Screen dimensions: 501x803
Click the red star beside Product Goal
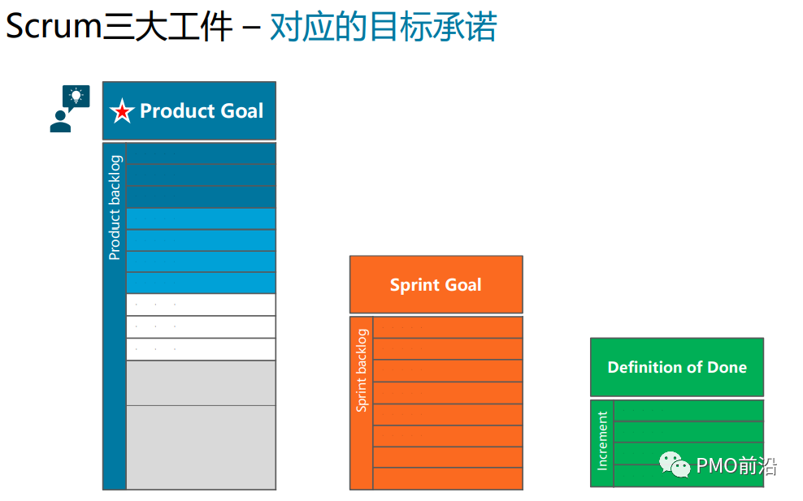[x=122, y=111]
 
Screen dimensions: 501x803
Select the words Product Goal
[x=202, y=111]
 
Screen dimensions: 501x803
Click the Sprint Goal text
[x=436, y=285]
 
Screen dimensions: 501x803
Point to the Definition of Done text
[x=677, y=367]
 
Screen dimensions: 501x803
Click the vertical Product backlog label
[x=115, y=207]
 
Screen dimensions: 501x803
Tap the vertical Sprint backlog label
[x=362, y=370]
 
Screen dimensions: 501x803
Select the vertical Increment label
[x=602, y=441]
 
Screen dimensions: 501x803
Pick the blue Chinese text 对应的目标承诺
[x=383, y=27]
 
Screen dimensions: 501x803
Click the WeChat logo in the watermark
[x=675, y=464]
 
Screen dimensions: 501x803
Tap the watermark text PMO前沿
[x=736, y=465]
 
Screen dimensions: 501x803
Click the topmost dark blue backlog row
[x=201, y=153]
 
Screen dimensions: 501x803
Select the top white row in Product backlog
[x=201, y=304]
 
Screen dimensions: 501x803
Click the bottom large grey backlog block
[x=201, y=447]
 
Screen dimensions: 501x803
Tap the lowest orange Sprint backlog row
[x=448, y=478]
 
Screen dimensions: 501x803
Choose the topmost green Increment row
[x=688, y=411]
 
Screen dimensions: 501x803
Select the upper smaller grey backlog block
[x=201, y=382]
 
